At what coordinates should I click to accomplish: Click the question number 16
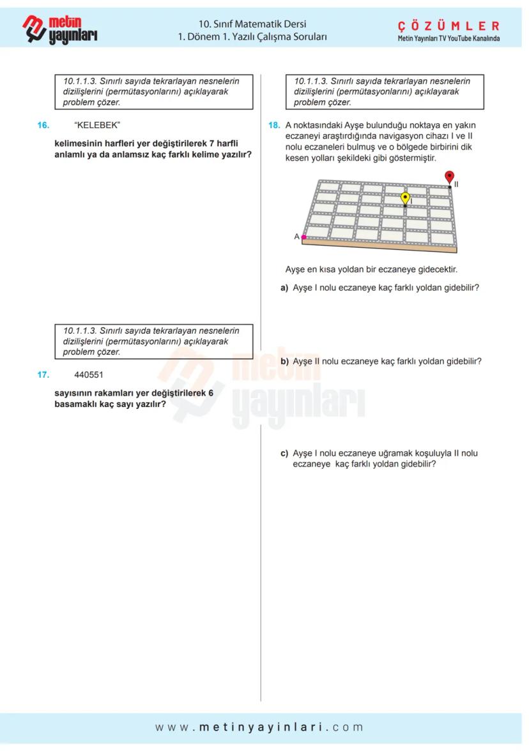click(x=43, y=125)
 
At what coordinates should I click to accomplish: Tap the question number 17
click(x=43, y=375)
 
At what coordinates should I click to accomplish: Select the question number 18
click(x=275, y=125)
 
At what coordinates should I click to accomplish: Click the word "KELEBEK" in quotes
click(x=97, y=125)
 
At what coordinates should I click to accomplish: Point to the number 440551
click(x=89, y=375)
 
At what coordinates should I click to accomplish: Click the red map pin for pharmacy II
click(x=449, y=177)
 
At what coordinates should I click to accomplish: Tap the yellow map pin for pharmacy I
click(x=405, y=198)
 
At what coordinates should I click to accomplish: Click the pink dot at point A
click(x=304, y=237)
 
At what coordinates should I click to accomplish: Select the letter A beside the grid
click(x=296, y=236)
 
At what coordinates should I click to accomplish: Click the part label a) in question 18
click(x=284, y=288)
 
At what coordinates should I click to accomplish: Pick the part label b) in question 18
click(x=284, y=361)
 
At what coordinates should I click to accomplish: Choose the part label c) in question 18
click(x=284, y=454)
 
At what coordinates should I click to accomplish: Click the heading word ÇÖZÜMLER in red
click(x=448, y=26)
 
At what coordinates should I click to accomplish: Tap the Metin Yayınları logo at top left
click(x=61, y=29)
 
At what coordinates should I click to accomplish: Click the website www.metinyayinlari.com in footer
click(x=259, y=727)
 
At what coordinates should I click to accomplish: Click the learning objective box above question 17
click(x=153, y=341)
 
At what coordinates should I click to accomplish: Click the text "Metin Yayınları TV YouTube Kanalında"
click(x=448, y=38)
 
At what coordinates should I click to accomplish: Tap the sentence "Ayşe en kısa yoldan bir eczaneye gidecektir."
click(x=371, y=269)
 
